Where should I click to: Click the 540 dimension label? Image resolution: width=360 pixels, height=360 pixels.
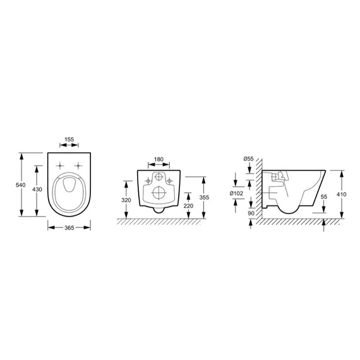point(20,185)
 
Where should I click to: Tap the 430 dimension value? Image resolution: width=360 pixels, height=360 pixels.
point(37,189)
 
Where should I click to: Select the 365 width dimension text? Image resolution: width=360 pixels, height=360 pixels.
point(69,228)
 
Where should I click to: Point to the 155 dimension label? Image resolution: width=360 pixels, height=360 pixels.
point(69,140)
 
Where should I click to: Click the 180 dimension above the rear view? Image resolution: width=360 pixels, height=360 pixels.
point(159,159)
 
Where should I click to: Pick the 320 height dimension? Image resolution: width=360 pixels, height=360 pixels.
point(126,200)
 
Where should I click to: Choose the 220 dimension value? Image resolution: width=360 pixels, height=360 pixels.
point(188,206)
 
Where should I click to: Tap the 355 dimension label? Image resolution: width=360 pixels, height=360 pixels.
point(204,198)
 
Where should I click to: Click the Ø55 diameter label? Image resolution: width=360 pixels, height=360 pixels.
point(249,159)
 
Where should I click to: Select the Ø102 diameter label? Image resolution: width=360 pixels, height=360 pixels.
point(236,193)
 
